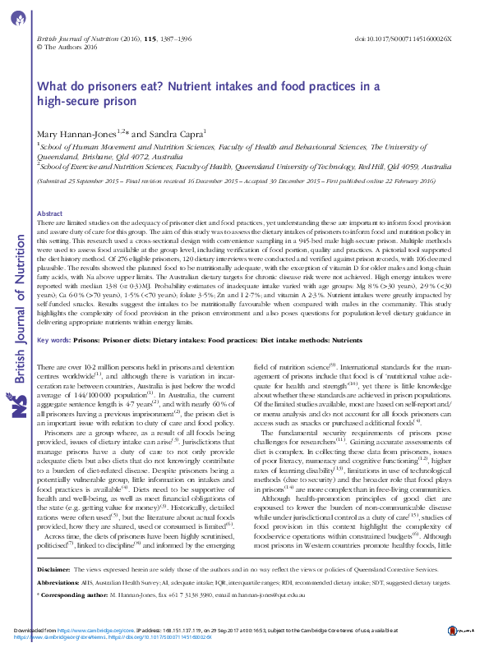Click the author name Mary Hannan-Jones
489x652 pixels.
click(76, 132)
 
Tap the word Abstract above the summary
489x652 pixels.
click(50, 214)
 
